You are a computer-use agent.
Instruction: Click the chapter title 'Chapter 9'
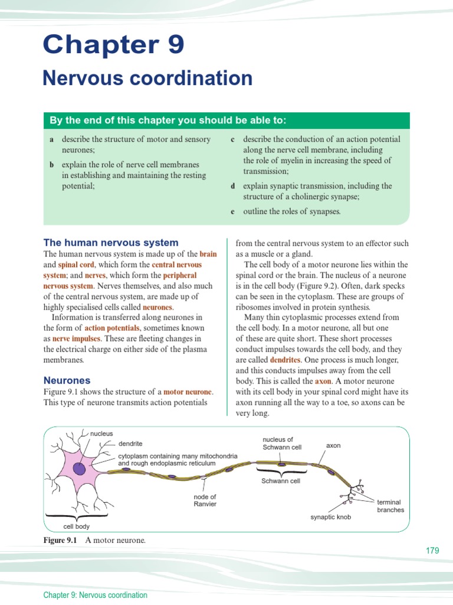click(113, 45)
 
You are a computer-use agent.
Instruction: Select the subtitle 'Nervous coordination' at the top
click(147, 78)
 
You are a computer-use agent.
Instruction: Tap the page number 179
click(432, 551)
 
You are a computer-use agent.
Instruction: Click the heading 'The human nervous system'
click(111, 242)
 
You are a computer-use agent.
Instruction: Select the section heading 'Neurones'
click(67, 380)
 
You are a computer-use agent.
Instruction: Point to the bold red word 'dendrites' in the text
click(285, 360)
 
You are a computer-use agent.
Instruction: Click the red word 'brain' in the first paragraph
click(208, 254)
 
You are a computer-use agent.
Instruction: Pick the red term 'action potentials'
click(112, 328)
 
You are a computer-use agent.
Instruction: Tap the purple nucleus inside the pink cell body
click(79, 469)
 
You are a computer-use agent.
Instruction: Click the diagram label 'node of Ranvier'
click(205, 500)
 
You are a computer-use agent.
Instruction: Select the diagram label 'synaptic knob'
click(330, 517)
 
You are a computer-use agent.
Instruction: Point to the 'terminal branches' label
click(390, 506)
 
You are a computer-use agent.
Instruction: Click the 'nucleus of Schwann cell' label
click(281, 443)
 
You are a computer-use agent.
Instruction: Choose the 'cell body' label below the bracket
click(77, 526)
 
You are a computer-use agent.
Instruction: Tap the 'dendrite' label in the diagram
click(130, 443)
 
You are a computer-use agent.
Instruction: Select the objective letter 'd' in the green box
click(233, 186)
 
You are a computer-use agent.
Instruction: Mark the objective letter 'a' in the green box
click(52, 139)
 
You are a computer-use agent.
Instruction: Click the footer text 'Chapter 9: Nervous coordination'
click(95, 595)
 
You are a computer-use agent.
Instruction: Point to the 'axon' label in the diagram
click(333, 445)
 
